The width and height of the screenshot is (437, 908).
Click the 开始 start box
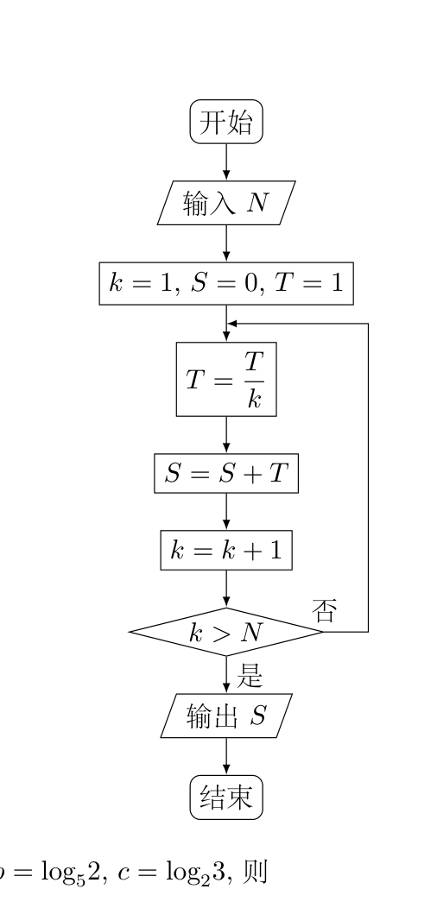click(x=226, y=122)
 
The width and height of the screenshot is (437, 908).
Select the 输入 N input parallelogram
click(x=226, y=203)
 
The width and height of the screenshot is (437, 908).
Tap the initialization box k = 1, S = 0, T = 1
click(x=226, y=283)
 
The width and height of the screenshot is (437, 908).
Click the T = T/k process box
click(x=226, y=379)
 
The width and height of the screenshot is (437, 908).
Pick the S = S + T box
click(x=226, y=474)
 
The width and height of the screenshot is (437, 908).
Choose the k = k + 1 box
click(x=226, y=550)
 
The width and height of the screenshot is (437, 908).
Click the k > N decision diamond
click(x=226, y=632)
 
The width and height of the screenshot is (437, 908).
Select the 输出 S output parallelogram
click(x=226, y=716)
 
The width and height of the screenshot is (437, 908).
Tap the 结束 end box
click(x=226, y=798)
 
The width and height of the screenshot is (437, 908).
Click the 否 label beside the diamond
click(x=325, y=610)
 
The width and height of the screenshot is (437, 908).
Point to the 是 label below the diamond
click(x=250, y=675)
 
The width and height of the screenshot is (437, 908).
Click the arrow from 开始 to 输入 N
click(x=226, y=162)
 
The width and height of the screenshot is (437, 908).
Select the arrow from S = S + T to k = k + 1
click(x=226, y=512)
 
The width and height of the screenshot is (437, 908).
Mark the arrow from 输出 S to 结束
click(x=226, y=756)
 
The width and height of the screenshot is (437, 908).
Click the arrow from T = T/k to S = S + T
click(x=226, y=435)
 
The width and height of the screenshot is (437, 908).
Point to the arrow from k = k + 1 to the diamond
click(x=226, y=589)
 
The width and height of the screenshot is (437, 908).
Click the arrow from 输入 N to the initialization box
click(x=226, y=243)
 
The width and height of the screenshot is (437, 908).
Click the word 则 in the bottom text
click(x=254, y=871)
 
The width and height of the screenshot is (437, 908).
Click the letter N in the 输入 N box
click(x=257, y=203)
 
